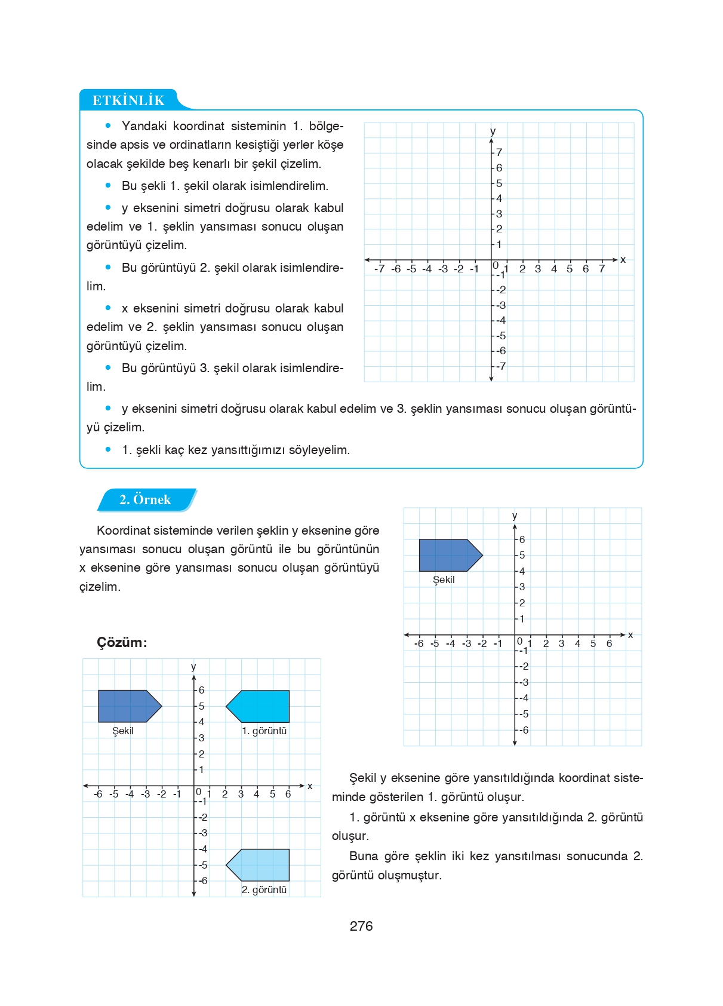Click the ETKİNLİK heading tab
click(x=128, y=100)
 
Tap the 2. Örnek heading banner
click(x=145, y=499)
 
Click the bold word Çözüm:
click(x=122, y=642)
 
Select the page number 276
click(x=361, y=926)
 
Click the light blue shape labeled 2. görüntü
click(x=260, y=865)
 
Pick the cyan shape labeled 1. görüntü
click(x=260, y=706)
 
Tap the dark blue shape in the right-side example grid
click(x=447, y=555)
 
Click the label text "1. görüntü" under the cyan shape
click(x=264, y=731)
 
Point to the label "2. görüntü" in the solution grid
click(x=264, y=890)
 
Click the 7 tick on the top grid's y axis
click(x=499, y=152)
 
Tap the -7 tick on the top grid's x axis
click(x=380, y=269)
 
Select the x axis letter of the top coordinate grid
click(x=623, y=259)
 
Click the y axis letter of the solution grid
click(x=193, y=667)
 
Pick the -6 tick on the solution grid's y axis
click(x=203, y=881)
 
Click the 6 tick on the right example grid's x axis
click(x=609, y=643)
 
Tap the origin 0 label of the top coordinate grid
click(x=496, y=265)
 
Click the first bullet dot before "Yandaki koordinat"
click(x=108, y=125)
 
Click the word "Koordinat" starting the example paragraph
click(x=124, y=530)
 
